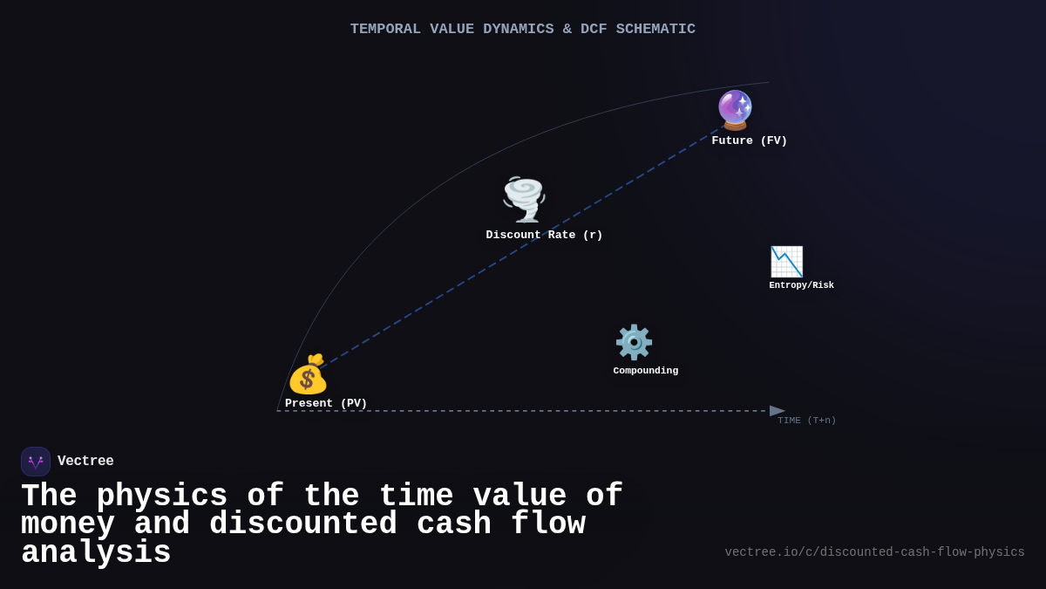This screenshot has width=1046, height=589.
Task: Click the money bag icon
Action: (308, 375)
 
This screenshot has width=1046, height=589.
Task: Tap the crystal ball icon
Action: (735, 110)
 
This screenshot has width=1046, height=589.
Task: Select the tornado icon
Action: (524, 199)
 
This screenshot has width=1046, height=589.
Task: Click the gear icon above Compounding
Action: (634, 342)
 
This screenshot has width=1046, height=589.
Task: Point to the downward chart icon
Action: (786, 262)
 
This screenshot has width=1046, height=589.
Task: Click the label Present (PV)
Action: (326, 403)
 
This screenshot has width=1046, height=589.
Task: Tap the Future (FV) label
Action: (749, 140)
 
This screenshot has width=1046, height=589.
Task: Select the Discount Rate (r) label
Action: (544, 235)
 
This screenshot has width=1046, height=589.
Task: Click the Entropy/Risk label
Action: (801, 285)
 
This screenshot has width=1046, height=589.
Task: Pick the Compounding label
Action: (645, 371)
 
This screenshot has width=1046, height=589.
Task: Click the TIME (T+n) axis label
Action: (806, 421)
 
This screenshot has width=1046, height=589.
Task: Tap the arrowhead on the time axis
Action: (777, 411)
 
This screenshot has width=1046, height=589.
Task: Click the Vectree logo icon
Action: (36, 462)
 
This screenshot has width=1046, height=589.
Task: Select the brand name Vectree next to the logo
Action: (85, 462)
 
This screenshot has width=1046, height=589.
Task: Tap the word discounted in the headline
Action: (302, 524)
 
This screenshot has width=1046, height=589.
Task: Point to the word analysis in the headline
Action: (96, 553)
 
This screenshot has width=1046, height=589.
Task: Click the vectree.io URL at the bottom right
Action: (874, 552)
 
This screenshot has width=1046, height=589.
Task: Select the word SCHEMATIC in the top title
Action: (655, 29)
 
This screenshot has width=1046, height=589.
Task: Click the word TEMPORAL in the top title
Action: (385, 29)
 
